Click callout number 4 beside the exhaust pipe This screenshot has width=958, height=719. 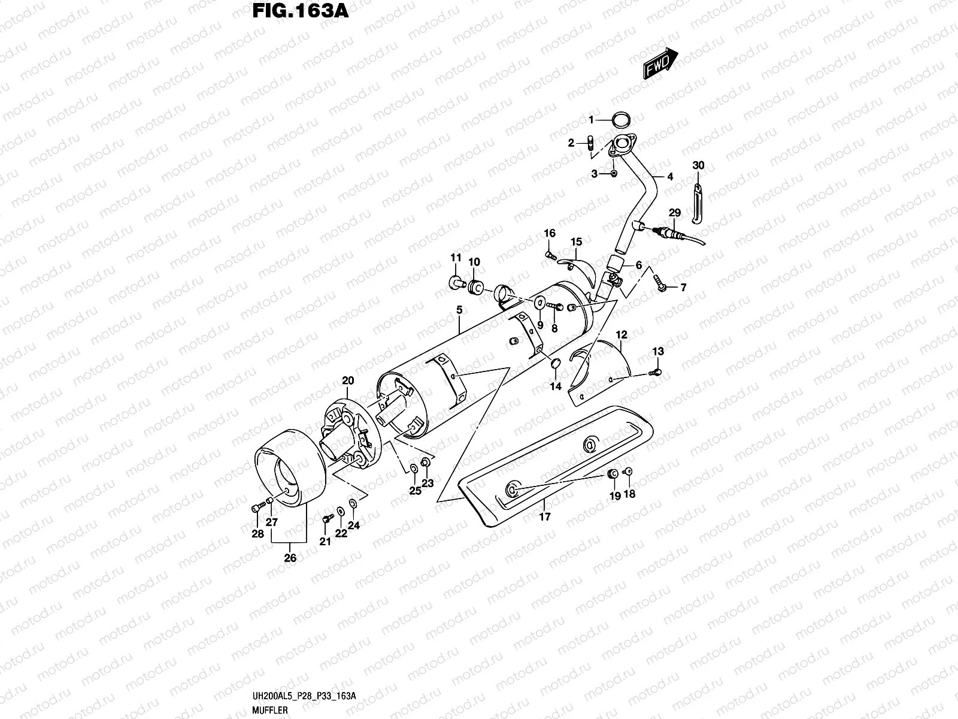pos(670,177)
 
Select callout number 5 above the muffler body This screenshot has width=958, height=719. pos(459,310)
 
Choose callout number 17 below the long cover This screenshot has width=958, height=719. pos(545,516)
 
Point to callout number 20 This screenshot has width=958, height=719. pos(348,380)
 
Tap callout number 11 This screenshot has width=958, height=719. pos(456,258)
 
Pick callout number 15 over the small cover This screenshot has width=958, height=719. pos(576,242)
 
